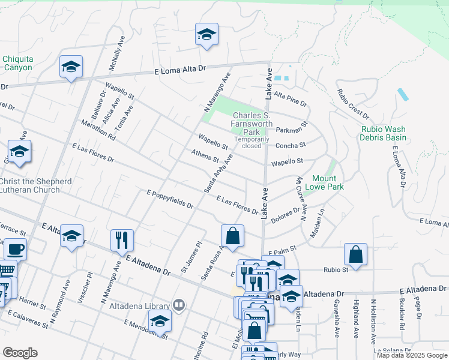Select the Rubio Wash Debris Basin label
384,133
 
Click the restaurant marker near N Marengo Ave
122,239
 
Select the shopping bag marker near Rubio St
355,253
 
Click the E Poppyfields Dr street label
170,200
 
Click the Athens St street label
205,156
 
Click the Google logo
20,353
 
